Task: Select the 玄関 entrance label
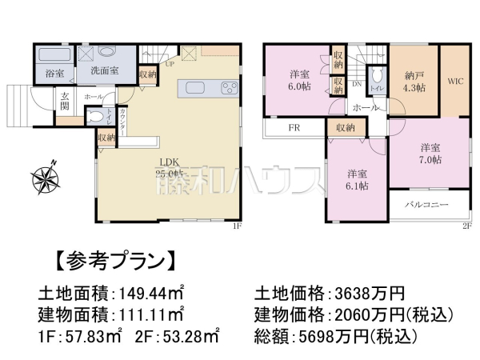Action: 66,102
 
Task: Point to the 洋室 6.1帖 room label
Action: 357,179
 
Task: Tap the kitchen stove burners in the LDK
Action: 228,88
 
